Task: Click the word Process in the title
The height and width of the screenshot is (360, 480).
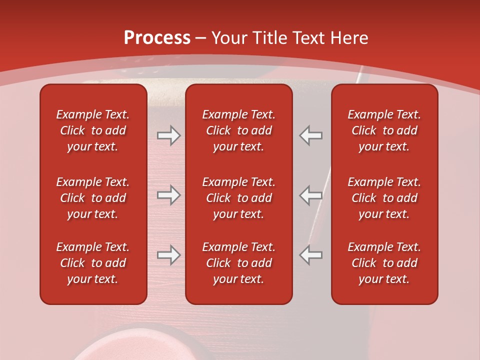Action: [x=157, y=38]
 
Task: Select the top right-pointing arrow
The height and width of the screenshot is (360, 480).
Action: [x=168, y=135]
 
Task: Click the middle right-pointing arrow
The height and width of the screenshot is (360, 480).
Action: [x=168, y=195]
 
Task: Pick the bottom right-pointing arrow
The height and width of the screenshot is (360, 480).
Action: [x=168, y=255]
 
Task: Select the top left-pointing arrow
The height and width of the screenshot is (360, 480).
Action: [x=311, y=135]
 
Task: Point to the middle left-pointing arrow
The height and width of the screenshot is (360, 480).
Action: [x=311, y=195]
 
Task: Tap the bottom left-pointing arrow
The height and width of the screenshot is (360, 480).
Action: [x=311, y=255]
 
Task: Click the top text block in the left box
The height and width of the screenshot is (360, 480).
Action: [x=93, y=130]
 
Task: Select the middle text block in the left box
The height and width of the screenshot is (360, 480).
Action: [x=93, y=198]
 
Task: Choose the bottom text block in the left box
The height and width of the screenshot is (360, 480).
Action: [x=93, y=263]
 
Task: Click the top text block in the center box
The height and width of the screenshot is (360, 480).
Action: [x=238, y=130]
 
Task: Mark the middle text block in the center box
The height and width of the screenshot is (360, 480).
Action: [x=238, y=198]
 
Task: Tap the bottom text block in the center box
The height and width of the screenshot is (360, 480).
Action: [x=238, y=263]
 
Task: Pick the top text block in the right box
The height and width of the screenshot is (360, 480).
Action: [x=384, y=130]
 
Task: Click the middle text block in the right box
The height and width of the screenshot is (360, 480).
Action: [x=384, y=198]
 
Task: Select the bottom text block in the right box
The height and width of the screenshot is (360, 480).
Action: [x=384, y=263]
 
